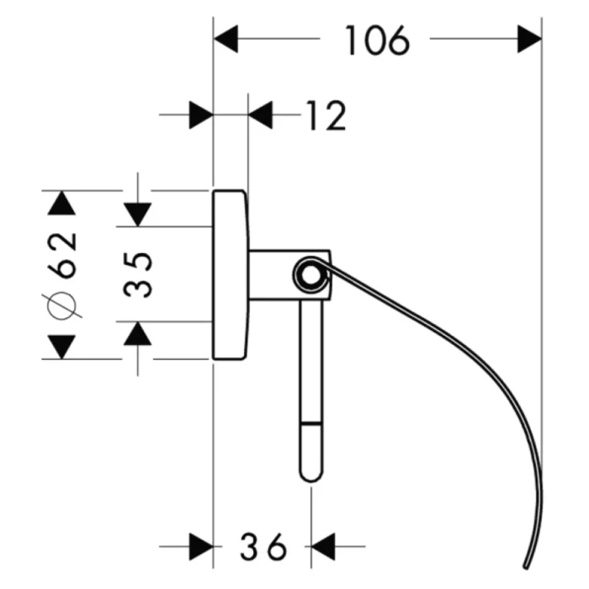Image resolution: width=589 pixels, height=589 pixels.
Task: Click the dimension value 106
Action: (x=376, y=40)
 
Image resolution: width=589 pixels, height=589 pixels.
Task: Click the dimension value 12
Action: (x=325, y=116)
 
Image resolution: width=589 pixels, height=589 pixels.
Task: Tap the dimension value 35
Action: (x=139, y=274)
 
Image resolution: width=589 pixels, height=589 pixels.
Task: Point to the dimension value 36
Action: (x=261, y=547)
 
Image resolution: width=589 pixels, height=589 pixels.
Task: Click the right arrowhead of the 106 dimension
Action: (x=529, y=39)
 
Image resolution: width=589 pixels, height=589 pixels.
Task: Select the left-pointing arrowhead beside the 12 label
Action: (x=262, y=116)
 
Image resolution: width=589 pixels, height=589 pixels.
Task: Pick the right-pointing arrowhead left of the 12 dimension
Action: (x=200, y=116)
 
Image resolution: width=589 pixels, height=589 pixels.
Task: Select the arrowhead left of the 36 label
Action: (x=200, y=547)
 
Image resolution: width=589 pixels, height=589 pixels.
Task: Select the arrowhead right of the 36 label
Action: (x=324, y=547)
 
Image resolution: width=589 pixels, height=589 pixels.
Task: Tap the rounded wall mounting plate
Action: (x=230, y=274)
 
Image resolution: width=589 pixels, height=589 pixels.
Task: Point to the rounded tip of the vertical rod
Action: (x=311, y=473)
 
